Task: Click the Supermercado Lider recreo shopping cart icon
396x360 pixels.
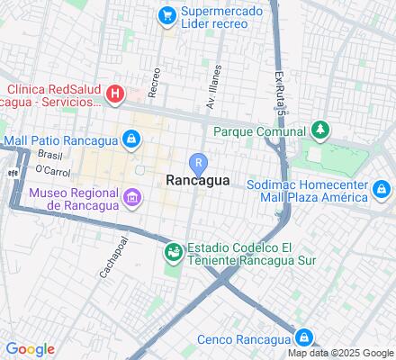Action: pyautogui.click(x=166, y=15)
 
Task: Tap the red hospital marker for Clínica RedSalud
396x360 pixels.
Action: pyautogui.click(x=115, y=93)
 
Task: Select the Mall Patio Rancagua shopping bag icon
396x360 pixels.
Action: pyautogui.click(x=131, y=139)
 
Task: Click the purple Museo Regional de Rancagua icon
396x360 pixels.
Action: pyautogui.click(x=131, y=197)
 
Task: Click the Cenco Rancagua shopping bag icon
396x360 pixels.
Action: pyautogui.click(x=305, y=337)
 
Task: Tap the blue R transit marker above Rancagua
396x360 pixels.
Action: pyautogui.click(x=198, y=162)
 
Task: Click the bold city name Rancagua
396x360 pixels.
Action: pyautogui.click(x=198, y=180)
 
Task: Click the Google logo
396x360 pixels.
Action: pyautogui.click(x=30, y=349)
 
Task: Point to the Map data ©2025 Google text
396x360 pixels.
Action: pyautogui.click(x=340, y=353)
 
